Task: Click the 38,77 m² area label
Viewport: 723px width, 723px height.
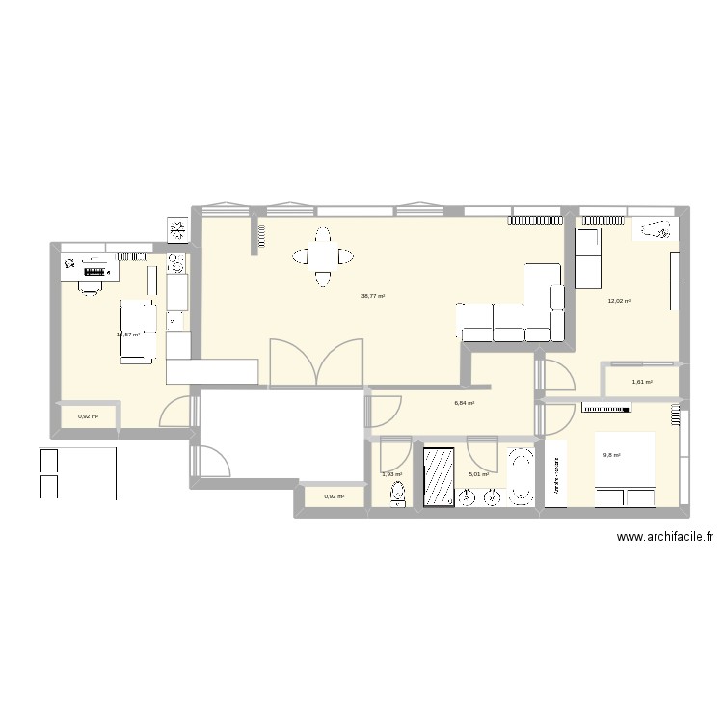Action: click(x=373, y=297)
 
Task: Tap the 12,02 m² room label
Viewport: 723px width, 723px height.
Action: click(x=619, y=301)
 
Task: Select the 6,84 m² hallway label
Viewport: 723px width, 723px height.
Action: click(x=465, y=403)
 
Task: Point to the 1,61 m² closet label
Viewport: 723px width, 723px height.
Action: click(x=642, y=383)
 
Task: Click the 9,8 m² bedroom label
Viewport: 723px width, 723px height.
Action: click(x=612, y=456)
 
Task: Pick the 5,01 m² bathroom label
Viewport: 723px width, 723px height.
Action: click(x=479, y=474)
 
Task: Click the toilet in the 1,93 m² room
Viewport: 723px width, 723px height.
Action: click(x=396, y=495)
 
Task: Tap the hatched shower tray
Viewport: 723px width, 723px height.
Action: click(x=439, y=475)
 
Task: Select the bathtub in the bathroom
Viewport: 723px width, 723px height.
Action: click(x=522, y=476)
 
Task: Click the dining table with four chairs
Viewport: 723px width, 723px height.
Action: click(x=323, y=256)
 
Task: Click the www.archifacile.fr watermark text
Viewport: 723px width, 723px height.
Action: click(x=663, y=540)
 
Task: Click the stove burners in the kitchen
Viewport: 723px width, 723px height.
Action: click(x=176, y=262)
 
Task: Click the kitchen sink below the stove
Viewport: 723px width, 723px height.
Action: click(x=176, y=318)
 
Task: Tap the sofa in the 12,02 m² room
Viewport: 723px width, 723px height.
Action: click(x=588, y=258)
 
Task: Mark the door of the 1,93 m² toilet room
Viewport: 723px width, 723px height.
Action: click(x=394, y=453)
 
